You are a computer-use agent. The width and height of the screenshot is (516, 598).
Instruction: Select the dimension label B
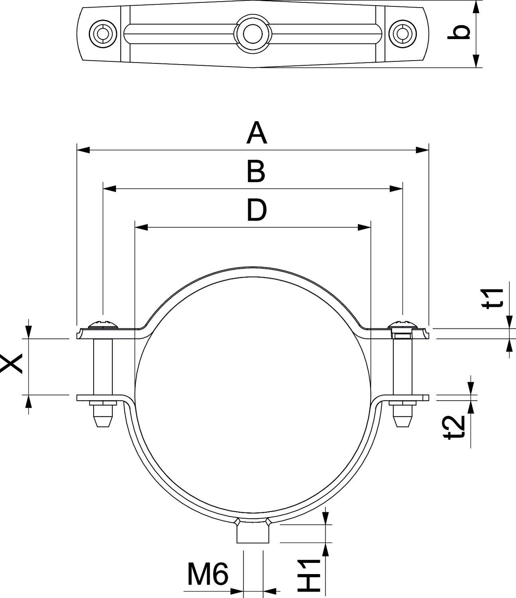(255, 172)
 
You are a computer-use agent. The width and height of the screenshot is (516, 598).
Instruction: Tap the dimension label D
(256, 210)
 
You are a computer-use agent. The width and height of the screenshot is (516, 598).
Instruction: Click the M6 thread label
(208, 574)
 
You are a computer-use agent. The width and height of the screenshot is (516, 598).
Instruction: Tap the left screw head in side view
(104, 324)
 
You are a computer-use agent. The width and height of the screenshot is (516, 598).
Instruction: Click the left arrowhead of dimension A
(82, 150)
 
